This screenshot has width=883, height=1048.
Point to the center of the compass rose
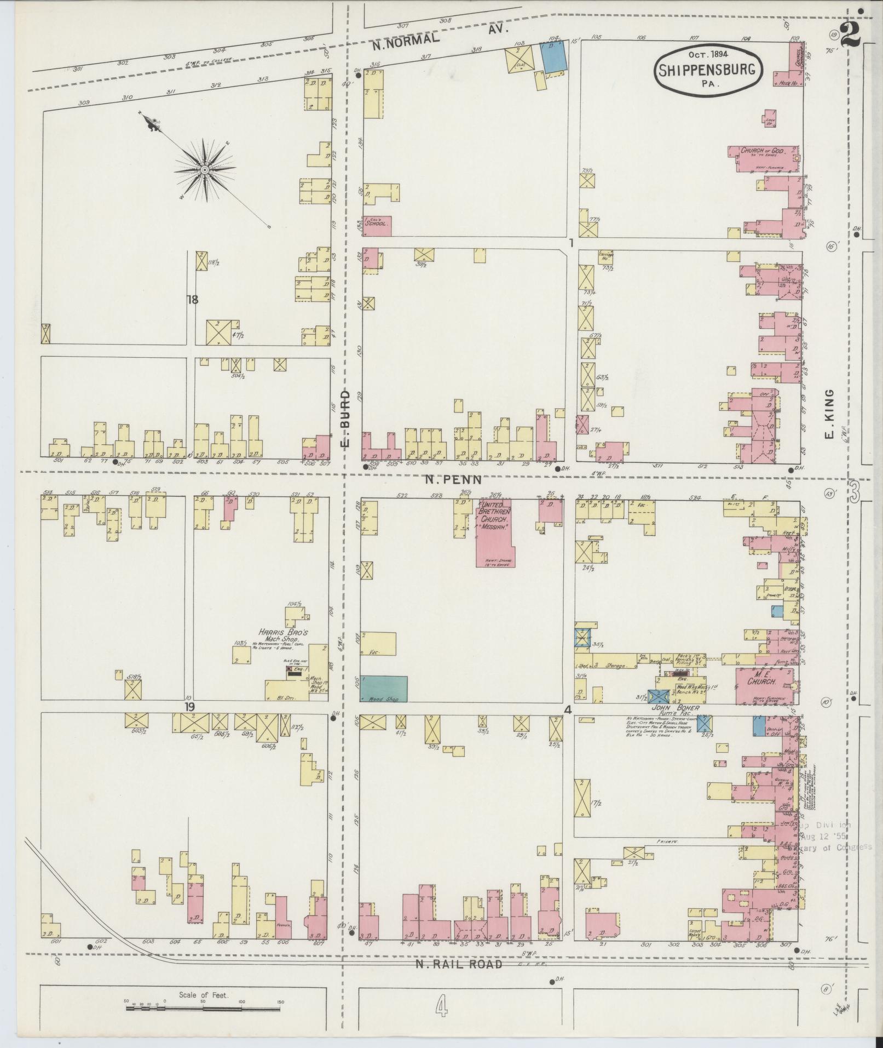(205, 170)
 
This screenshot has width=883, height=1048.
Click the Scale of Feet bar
(204, 1007)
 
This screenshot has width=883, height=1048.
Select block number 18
(192, 300)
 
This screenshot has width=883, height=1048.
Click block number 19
(189, 707)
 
